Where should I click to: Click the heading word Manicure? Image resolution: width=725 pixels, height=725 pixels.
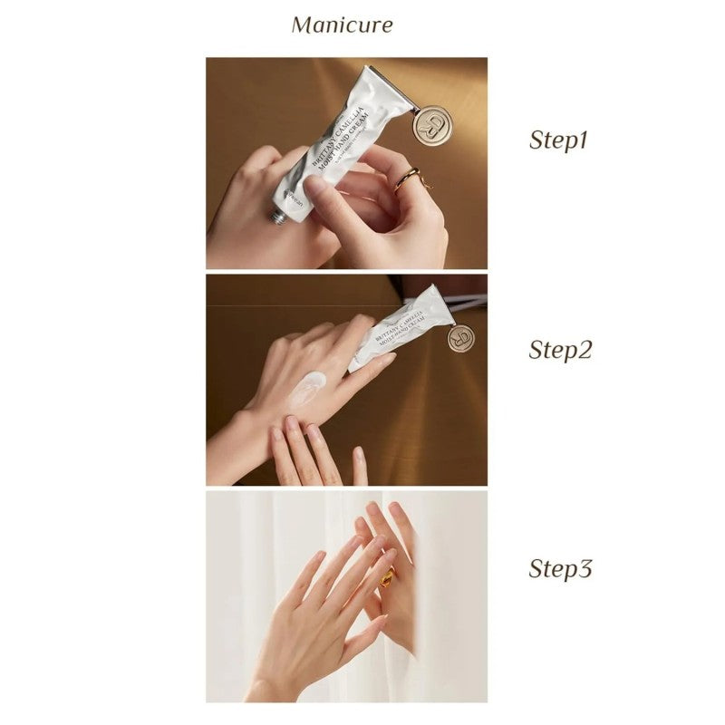click(342, 24)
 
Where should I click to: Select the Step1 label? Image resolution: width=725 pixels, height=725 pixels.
click(559, 140)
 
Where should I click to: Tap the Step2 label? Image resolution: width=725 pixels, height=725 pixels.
click(560, 350)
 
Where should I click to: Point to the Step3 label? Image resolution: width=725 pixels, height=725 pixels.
click(560, 569)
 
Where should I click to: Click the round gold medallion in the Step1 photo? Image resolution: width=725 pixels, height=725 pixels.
click(431, 124)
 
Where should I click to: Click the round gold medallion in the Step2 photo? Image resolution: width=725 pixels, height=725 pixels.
click(460, 338)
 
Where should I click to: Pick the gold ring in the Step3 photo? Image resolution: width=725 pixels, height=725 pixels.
click(386, 576)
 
